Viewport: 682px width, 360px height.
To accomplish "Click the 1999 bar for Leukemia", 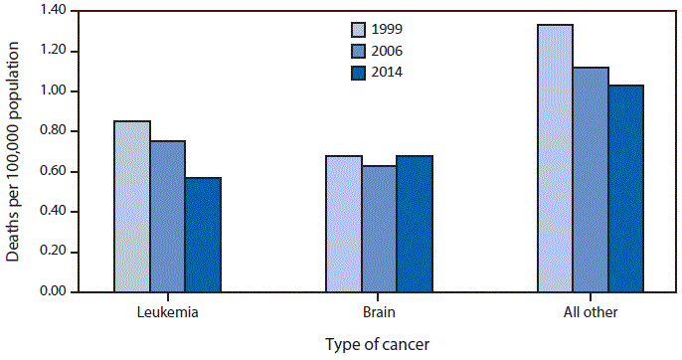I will [132, 207].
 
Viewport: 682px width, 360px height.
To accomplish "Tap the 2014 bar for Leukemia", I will [203, 235].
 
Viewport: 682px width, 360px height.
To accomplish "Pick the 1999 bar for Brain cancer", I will [344, 224].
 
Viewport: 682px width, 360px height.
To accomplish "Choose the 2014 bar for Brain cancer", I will [415, 224].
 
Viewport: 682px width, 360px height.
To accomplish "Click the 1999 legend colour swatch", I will [360, 29].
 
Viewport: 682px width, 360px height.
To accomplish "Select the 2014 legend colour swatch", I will [360, 72].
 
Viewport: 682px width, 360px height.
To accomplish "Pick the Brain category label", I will [379, 312].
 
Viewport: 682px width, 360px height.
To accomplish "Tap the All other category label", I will [591, 312].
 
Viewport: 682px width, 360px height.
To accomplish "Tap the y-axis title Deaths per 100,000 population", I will [13, 149].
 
